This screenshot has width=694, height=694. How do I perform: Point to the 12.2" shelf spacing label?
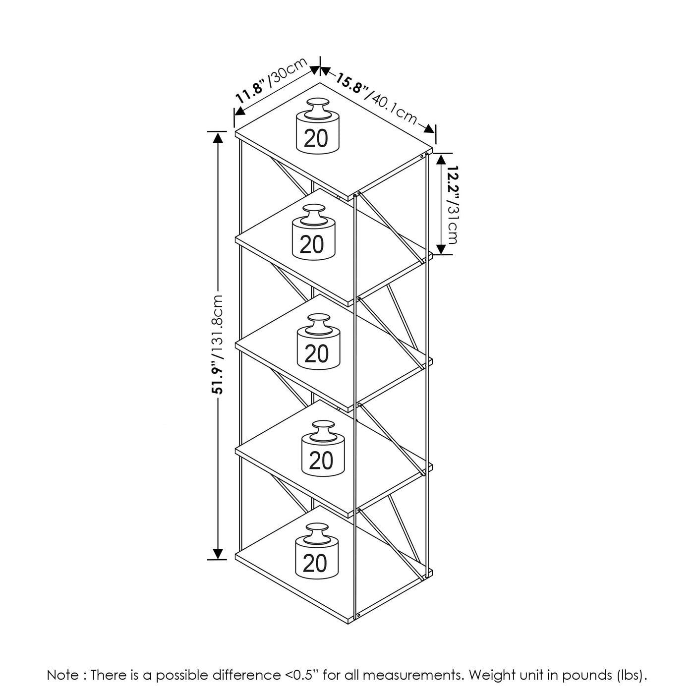click(453, 184)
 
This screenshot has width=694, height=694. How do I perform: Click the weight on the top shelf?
click(317, 126)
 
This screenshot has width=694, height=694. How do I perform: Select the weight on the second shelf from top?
click(313, 232)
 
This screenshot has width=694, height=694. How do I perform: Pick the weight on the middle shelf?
click(318, 342)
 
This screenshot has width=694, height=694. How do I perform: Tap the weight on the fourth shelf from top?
click(323, 448)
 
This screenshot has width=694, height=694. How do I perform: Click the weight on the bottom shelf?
click(317, 551)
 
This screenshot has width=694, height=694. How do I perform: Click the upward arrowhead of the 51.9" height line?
click(218, 138)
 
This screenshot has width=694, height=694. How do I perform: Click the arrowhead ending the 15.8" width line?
click(429, 129)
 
